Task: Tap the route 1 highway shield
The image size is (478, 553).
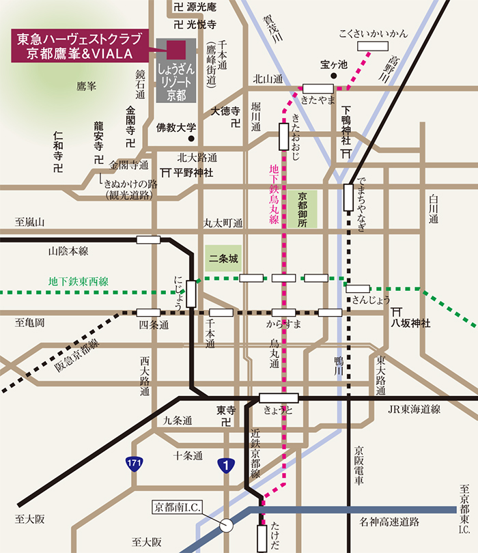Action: click(226, 465)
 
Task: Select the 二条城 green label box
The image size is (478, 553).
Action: click(223, 259)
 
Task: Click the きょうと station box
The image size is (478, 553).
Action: click(279, 398)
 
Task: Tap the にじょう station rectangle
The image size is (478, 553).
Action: click(191, 294)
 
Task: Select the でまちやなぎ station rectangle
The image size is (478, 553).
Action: click(348, 197)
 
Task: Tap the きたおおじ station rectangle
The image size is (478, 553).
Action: click(283, 137)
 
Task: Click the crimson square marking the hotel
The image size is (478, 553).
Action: click(176, 49)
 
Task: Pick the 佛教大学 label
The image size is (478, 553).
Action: click(176, 128)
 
